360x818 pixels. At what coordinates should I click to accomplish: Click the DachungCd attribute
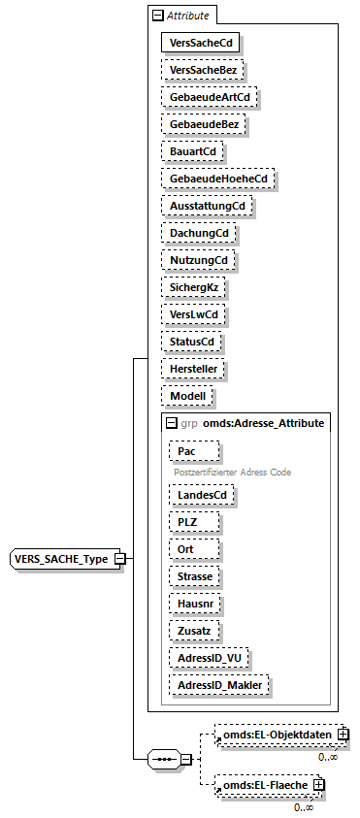click(x=199, y=234)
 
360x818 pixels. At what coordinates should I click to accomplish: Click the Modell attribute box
click(x=187, y=397)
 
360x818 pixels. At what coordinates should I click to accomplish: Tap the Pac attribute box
click(x=194, y=452)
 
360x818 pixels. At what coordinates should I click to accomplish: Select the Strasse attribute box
click(x=194, y=575)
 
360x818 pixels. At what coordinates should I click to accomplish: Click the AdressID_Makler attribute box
click(x=218, y=684)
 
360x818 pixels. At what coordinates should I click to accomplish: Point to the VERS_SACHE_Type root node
click(x=62, y=559)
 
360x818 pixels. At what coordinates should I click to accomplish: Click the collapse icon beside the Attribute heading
click(x=157, y=16)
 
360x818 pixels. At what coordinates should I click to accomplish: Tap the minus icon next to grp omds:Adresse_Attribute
click(x=171, y=423)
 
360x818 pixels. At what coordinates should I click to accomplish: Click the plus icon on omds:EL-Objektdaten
click(x=343, y=736)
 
